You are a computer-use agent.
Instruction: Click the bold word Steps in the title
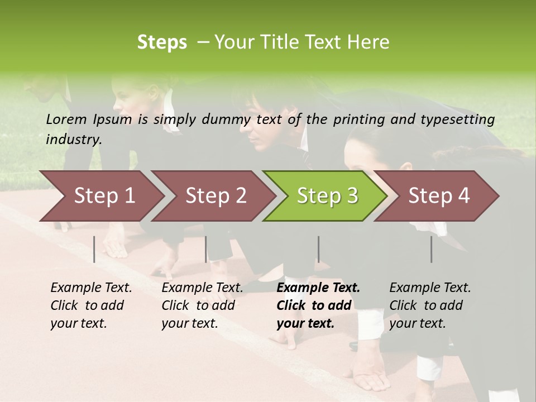click(162, 42)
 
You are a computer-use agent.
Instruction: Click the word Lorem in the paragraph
click(66, 119)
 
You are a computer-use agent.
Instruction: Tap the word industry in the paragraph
click(74, 139)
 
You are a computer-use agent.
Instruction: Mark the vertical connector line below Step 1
click(94, 249)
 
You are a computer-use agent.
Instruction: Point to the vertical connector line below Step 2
click(206, 249)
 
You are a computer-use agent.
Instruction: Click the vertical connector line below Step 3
click(318, 249)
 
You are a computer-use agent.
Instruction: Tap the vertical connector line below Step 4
click(431, 249)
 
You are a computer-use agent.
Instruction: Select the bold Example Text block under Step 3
click(318, 305)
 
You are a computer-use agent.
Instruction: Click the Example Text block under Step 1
click(91, 305)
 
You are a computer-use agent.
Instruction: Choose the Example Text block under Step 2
click(202, 305)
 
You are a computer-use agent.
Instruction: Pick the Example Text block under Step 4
click(430, 305)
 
